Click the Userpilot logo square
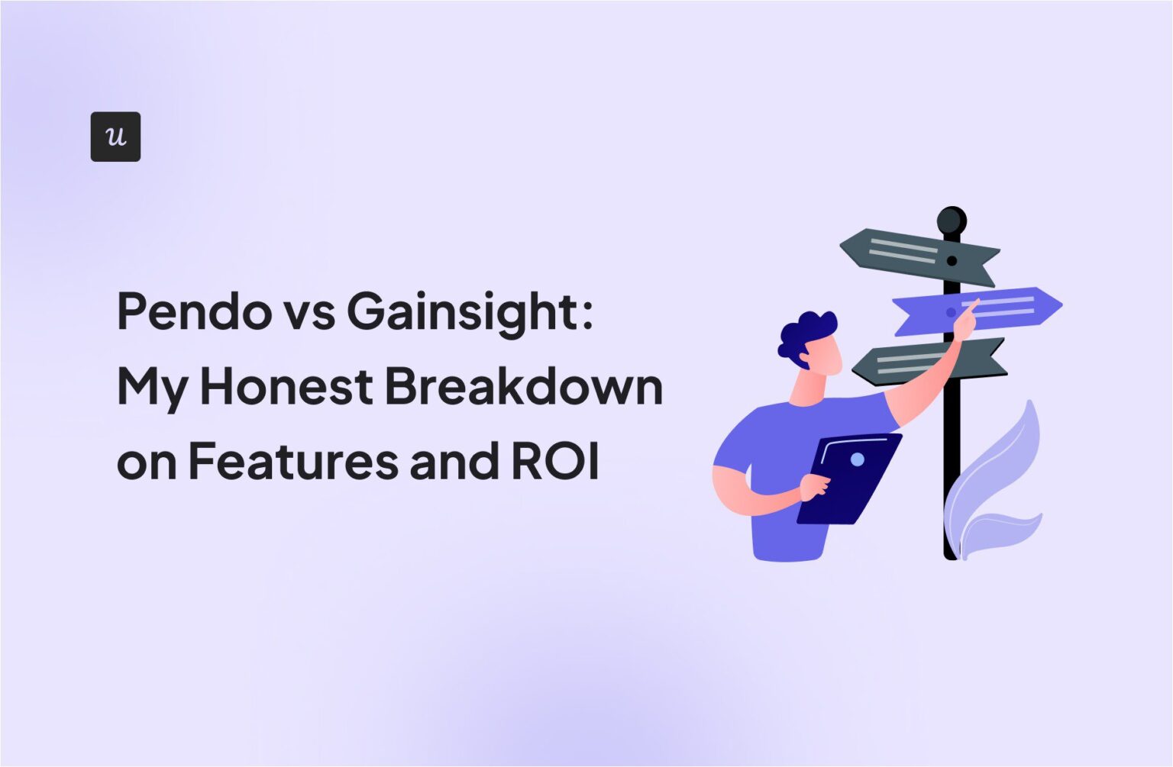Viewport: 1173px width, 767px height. [x=115, y=137]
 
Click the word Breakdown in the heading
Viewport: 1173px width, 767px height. [x=523, y=386]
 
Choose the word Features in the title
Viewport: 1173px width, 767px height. [x=293, y=461]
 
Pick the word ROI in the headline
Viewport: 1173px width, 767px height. [x=555, y=461]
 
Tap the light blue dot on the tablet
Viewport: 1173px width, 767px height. [x=857, y=459]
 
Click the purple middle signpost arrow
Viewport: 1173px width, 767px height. [x=985, y=310]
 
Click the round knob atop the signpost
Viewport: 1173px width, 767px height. [x=952, y=221]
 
